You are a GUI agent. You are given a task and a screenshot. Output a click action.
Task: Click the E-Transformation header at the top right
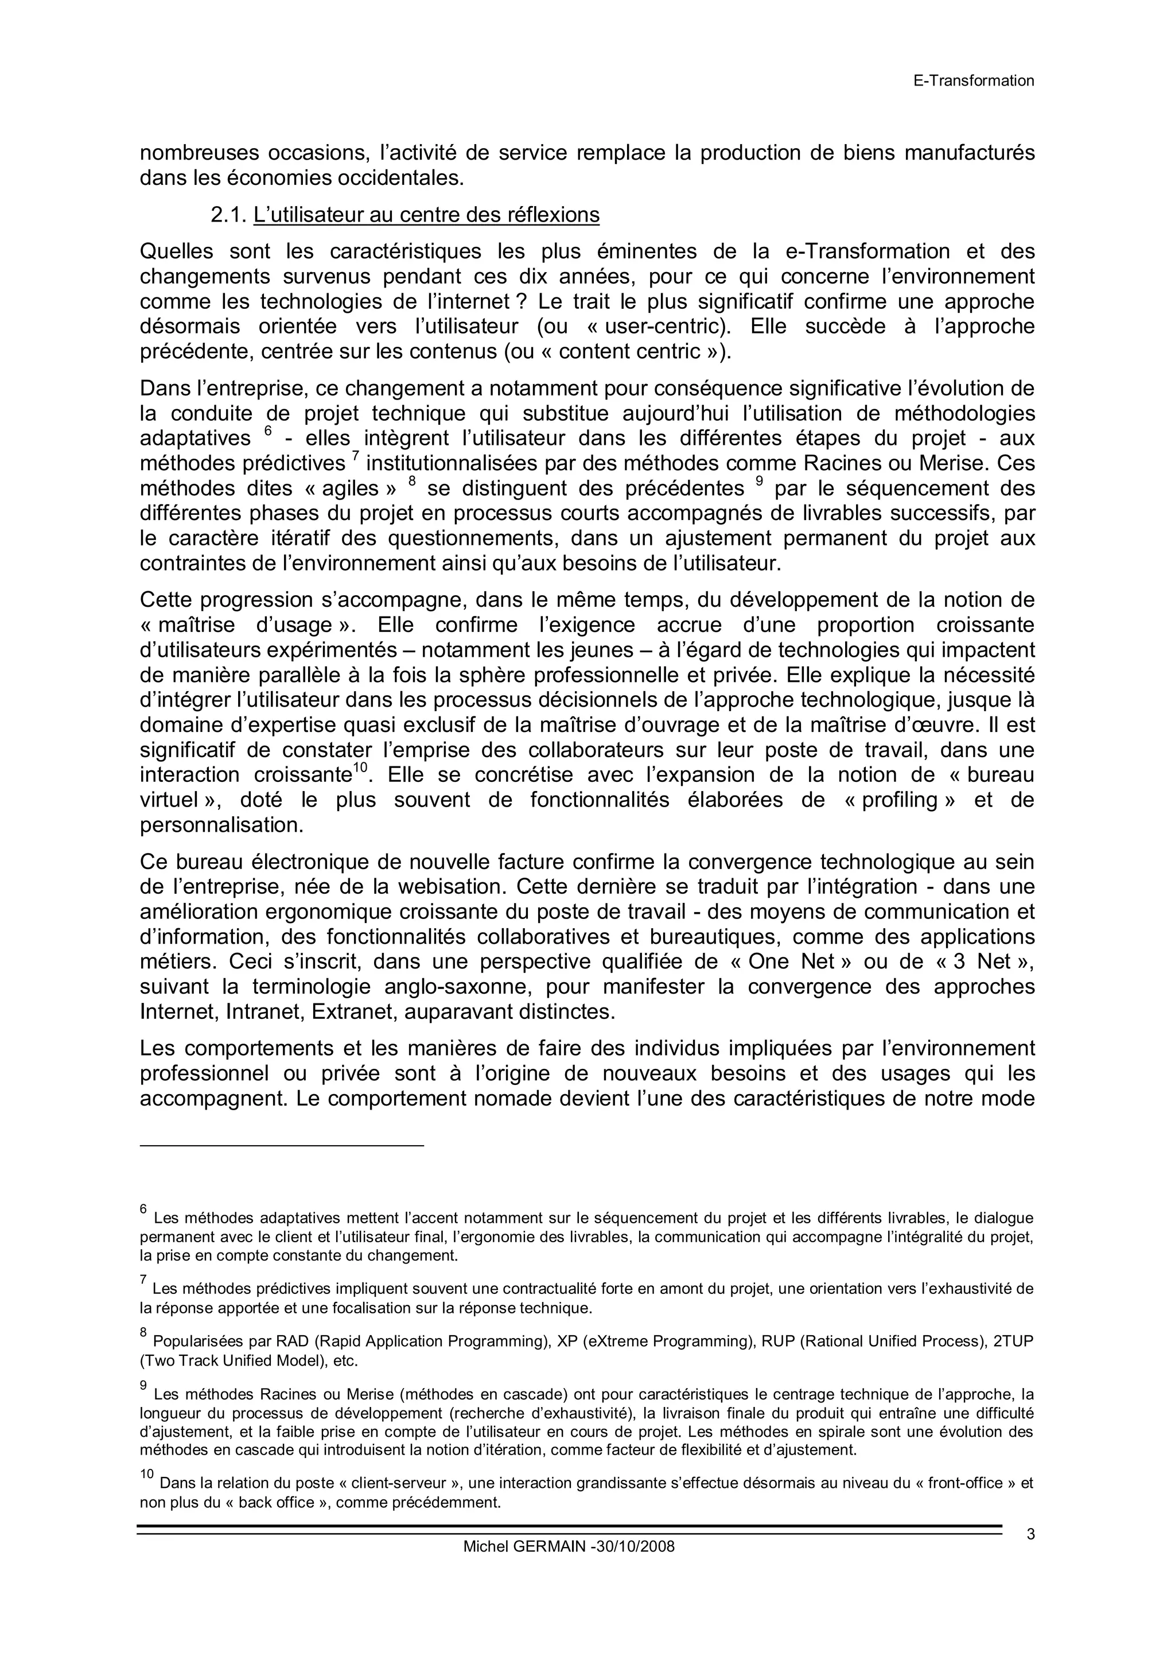click(973, 80)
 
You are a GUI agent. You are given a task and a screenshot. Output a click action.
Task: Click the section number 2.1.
click(229, 215)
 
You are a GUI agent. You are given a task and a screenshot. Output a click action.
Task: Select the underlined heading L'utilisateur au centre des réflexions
click(426, 215)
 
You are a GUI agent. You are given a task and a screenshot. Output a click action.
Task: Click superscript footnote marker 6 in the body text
click(267, 432)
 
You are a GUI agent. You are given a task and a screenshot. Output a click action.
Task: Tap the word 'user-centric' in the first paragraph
click(666, 327)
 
